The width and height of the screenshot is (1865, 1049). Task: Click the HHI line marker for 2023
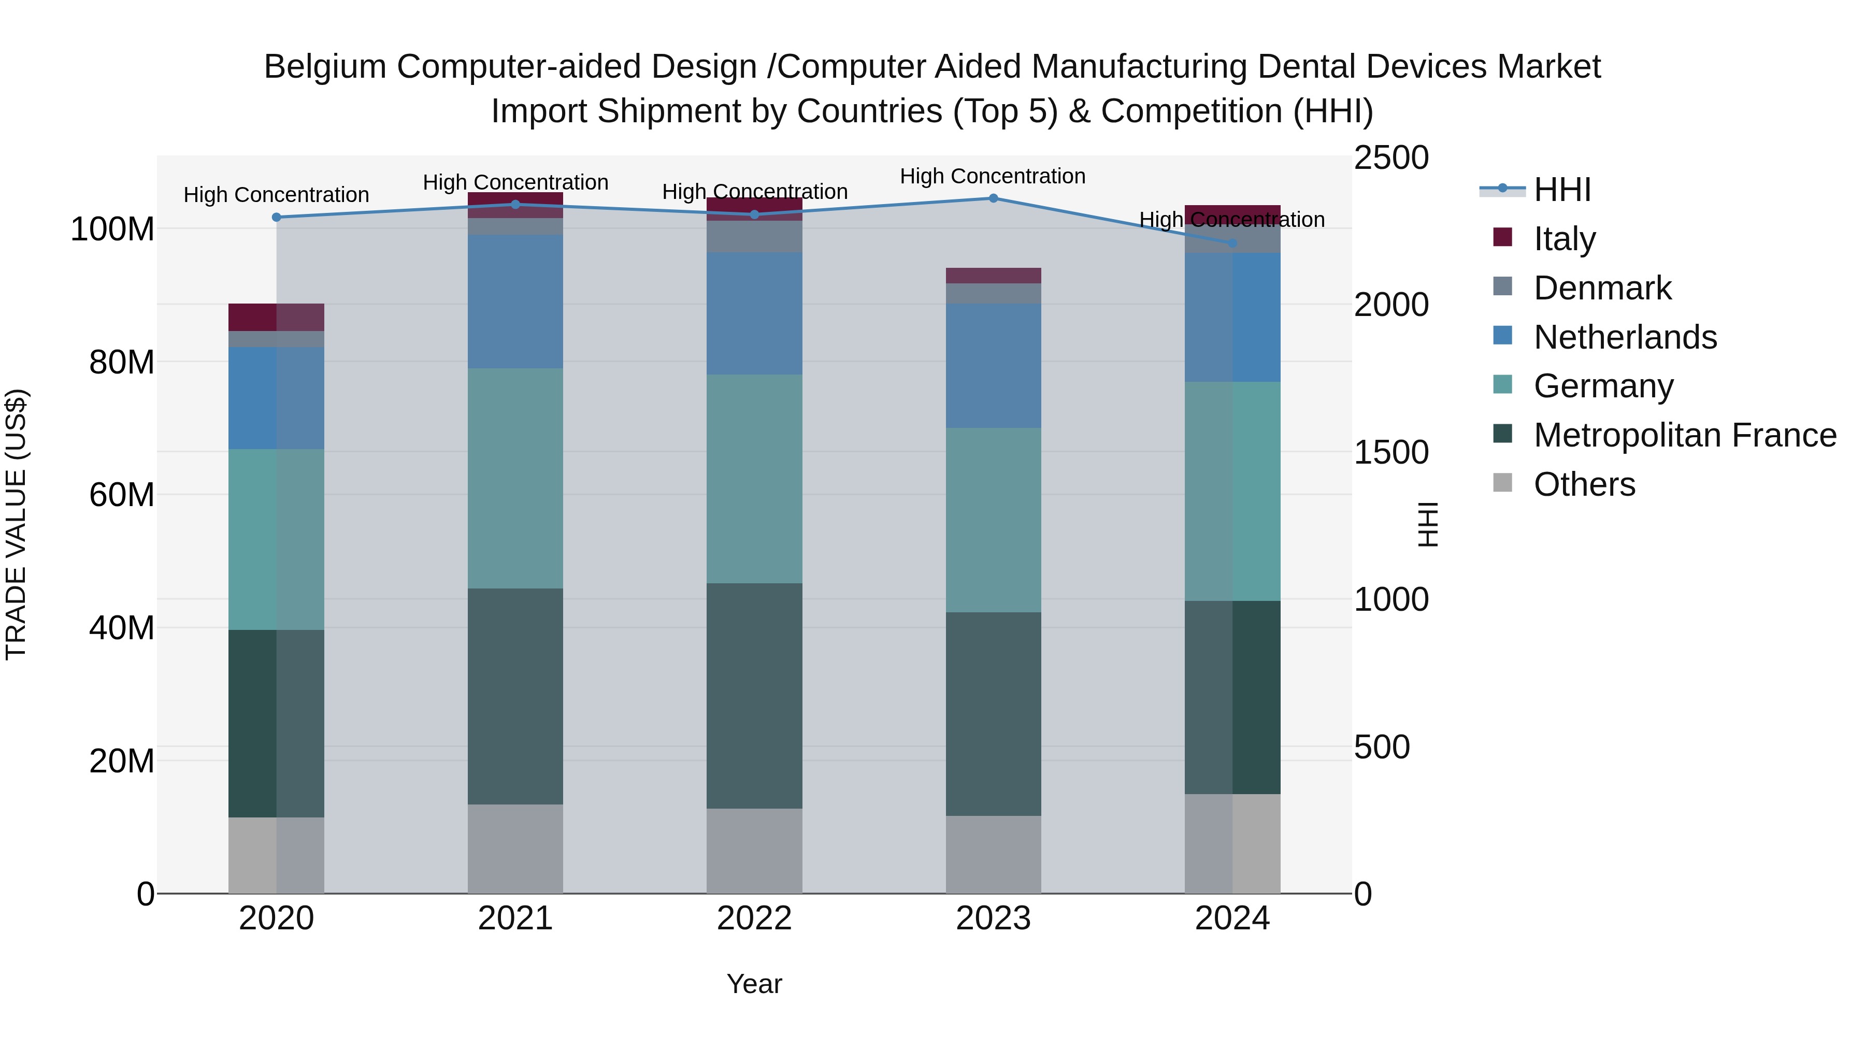coord(993,198)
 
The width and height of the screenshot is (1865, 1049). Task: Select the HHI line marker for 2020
coord(277,217)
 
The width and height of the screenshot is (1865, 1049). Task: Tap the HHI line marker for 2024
coord(1232,243)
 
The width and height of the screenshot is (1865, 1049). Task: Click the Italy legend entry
coord(1564,239)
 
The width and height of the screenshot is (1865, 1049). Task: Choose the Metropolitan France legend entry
coord(1684,435)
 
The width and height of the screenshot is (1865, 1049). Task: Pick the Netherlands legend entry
coord(1625,337)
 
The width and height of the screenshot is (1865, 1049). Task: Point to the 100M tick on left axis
coord(112,229)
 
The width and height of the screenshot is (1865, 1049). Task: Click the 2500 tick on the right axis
coord(1391,158)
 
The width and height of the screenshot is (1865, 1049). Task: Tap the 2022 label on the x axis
coord(754,918)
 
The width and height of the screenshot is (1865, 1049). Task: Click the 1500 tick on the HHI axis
coord(1391,452)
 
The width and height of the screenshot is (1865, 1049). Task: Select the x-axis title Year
coord(754,984)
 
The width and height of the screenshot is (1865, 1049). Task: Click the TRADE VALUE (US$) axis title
coord(16,524)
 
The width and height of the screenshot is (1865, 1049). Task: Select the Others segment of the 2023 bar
coord(993,854)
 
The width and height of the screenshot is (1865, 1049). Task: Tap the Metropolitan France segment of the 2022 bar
coord(754,695)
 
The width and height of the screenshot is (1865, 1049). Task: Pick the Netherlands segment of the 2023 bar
coord(993,366)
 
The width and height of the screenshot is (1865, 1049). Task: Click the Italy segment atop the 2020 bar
coord(277,317)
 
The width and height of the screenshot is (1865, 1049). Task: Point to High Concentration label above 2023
coord(993,176)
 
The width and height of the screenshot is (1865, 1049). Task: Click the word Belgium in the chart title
coord(326,67)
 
